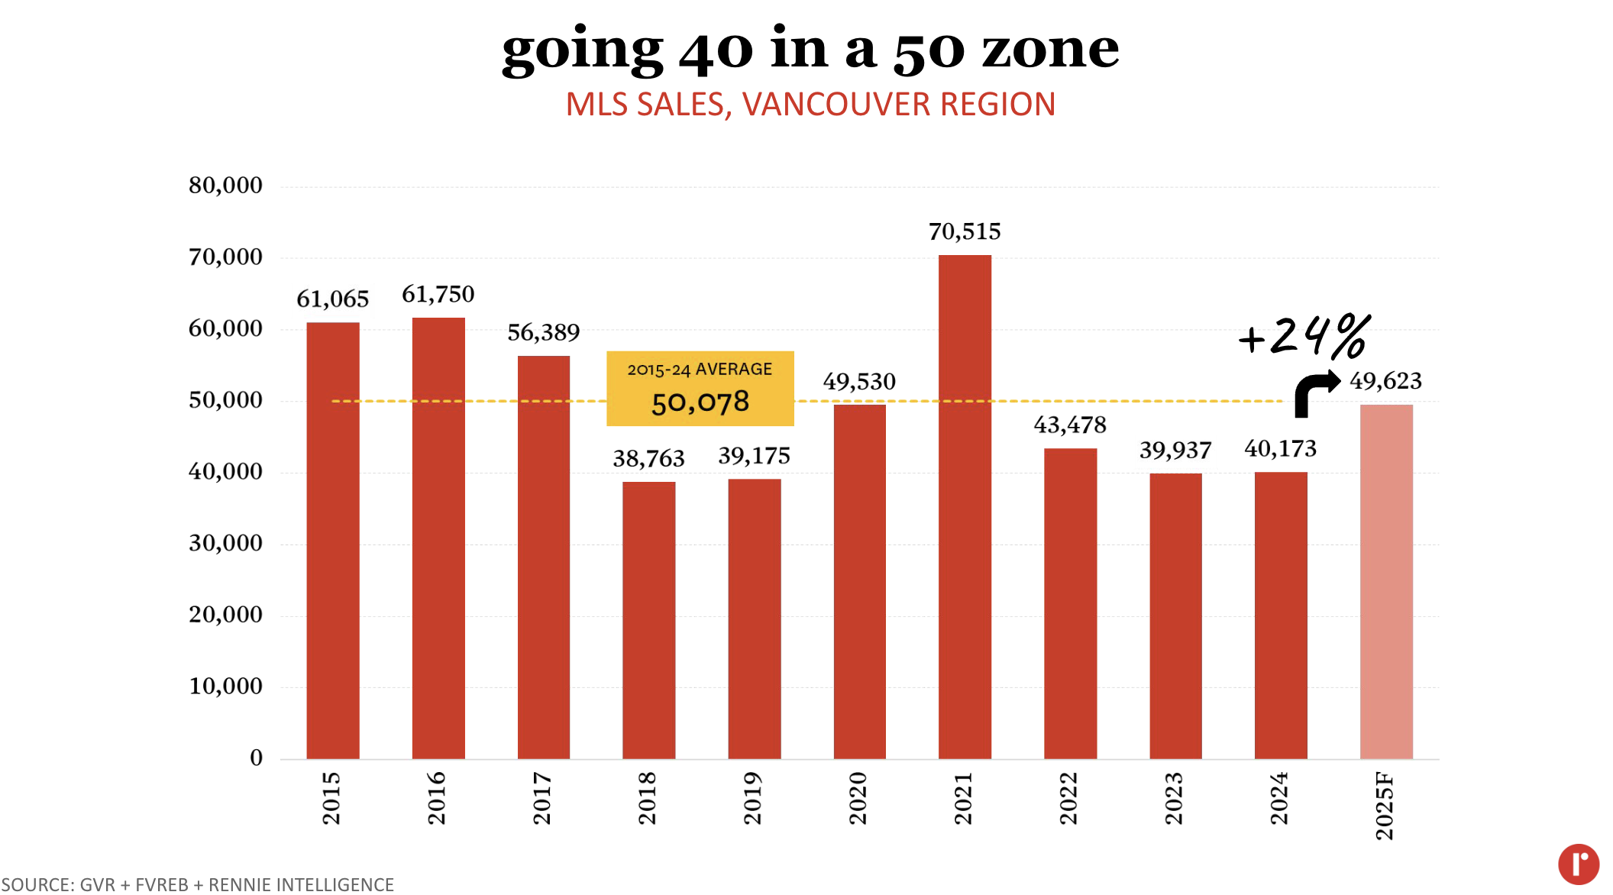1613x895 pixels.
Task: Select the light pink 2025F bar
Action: point(1386,581)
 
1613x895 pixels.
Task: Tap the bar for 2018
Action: point(648,619)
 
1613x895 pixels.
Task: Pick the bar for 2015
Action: point(333,540)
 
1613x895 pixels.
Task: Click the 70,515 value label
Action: point(965,231)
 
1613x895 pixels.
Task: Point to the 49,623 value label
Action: point(1385,380)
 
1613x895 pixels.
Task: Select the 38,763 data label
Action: point(648,458)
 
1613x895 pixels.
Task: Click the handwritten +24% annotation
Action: point(1304,336)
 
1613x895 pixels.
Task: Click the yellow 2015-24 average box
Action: point(700,388)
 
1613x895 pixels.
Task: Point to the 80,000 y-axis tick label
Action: point(225,186)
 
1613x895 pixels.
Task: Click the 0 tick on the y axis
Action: point(256,758)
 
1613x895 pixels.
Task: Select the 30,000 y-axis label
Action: point(225,543)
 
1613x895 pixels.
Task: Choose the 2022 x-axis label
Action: point(1069,798)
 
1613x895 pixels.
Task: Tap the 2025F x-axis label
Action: point(1385,806)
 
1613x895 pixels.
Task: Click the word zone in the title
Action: point(1050,50)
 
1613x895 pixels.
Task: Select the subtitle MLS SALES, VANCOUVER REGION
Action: point(810,105)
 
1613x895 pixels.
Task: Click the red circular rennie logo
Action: point(1578,864)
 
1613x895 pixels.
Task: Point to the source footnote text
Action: point(198,884)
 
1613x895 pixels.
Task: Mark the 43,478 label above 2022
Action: point(1069,425)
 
